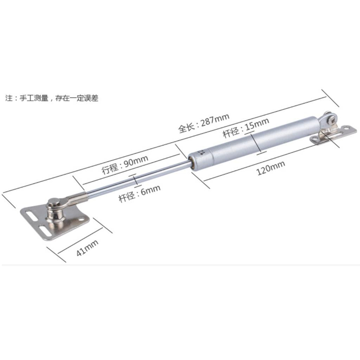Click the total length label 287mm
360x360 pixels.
204,123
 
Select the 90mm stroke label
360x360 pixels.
125,165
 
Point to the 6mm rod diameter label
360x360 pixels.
139,194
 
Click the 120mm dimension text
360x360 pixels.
270,168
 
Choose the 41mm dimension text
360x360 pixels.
87,248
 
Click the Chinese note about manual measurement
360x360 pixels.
52,98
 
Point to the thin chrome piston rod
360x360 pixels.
138,178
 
